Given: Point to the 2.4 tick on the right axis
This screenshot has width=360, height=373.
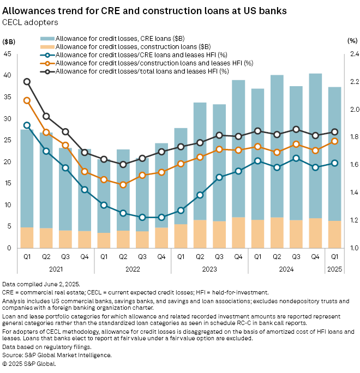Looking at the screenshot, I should click(x=351, y=54).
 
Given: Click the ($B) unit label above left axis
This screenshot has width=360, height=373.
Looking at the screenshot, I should click(x=9, y=41).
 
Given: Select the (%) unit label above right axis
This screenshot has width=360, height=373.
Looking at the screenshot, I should click(x=352, y=41).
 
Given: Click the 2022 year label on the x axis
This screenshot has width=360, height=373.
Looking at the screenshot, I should click(x=133, y=268).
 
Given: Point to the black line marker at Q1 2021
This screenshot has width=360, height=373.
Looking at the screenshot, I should click(x=27, y=82).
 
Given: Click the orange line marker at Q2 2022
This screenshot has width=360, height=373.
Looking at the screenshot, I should click(x=123, y=185).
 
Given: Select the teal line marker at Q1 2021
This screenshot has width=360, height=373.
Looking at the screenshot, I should click(x=27, y=125).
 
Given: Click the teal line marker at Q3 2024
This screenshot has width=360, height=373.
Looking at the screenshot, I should click(x=296, y=158).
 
